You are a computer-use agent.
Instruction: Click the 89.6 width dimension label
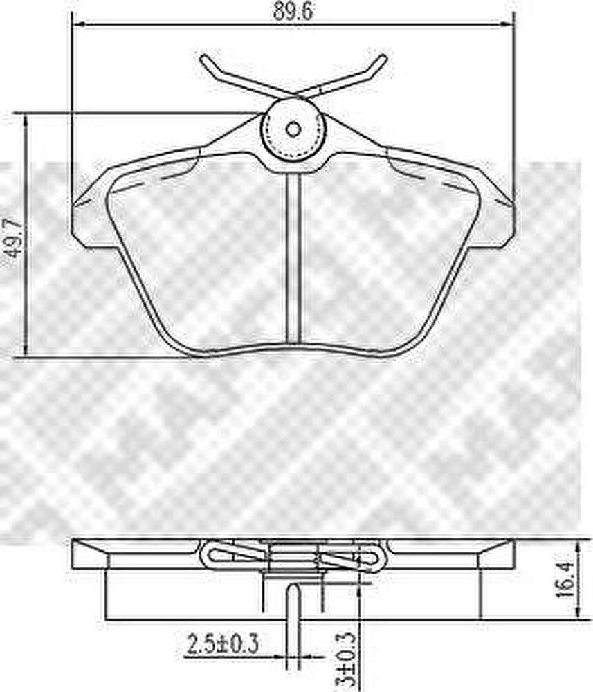293,10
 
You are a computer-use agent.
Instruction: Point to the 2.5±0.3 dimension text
223,644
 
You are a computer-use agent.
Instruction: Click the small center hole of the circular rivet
293,129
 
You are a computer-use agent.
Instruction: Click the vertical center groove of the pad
293,258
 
